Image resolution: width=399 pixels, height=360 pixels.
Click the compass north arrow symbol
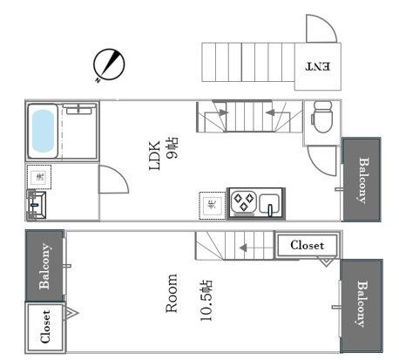pos(107,65)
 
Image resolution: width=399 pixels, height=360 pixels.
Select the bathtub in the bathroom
pos(44,131)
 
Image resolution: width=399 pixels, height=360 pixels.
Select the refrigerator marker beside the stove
pos(212,204)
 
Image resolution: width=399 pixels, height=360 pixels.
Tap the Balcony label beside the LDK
pos(362,180)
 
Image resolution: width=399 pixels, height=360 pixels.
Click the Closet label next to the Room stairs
pos(308,245)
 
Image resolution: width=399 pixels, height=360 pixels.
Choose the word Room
pos(172,295)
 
